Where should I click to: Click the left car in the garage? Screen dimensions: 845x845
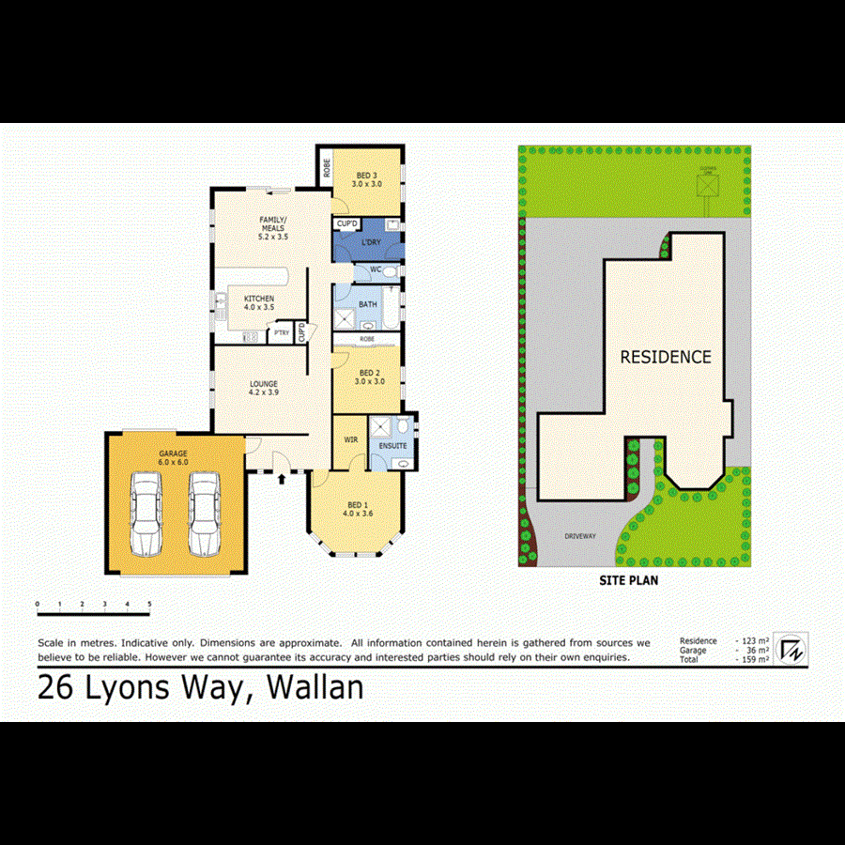[x=146, y=515]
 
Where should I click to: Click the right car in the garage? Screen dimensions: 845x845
[x=204, y=515]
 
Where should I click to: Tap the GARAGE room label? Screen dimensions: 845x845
[x=173, y=457]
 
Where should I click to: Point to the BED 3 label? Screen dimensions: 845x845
[x=368, y=179]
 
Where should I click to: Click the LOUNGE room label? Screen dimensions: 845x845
[x=264, y=388]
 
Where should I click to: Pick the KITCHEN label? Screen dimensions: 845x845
[x=258, y=301]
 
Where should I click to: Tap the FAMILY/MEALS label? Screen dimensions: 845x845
[x=273, y=228]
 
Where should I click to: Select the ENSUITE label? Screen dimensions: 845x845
[x=393, y=445]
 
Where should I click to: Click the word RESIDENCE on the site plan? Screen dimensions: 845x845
[x=665, y=357]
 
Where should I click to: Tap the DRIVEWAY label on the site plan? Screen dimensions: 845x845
[x=580, y=536]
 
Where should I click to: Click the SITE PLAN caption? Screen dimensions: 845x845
[x=628, y=580]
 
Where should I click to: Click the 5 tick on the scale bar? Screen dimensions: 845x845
[x=149, y=604]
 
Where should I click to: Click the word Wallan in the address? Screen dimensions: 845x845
[x=315, y=688]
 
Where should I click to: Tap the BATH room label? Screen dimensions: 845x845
[x=367, y=304]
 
